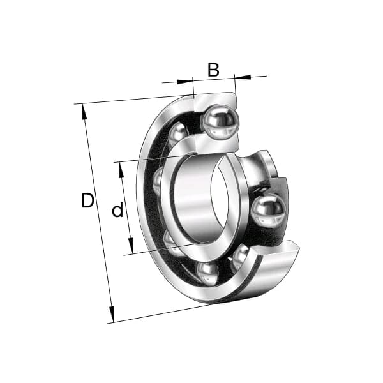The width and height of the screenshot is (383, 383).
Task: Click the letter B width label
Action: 213,70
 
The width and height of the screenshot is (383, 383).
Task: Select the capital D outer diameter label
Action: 87,200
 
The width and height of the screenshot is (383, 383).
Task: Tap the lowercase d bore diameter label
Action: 117,210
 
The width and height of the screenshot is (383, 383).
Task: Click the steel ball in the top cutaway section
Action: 219,121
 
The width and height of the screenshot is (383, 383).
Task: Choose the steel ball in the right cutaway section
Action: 267,211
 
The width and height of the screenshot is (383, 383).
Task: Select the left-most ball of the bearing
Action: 158,182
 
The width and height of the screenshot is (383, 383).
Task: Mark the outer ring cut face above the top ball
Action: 214,100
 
